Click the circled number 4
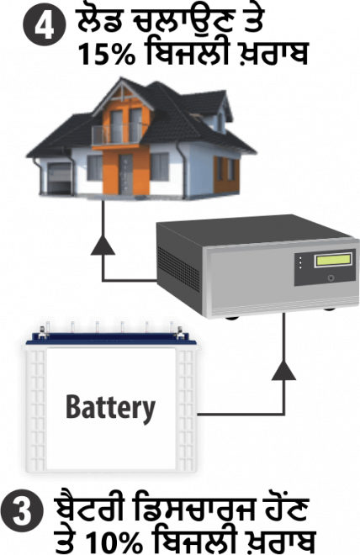[45, 26]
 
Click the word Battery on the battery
[110, 407]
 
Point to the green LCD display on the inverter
[333, 260]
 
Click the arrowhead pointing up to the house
[103, 246]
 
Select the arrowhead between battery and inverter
[283, 371]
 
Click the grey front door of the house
[125, 174]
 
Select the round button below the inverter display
[331, 277]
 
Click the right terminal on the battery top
[179, 332]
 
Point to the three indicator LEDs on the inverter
[300, 262]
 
